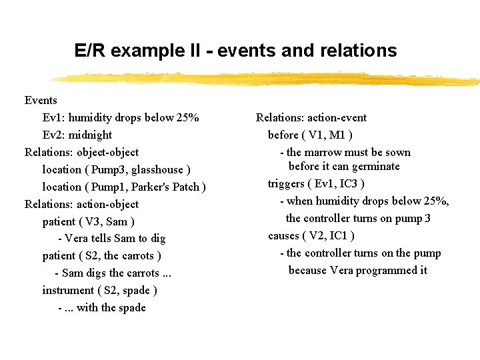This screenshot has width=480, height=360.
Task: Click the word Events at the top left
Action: pyautogui.click(x=41, y=101)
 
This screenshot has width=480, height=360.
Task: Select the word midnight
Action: pyautogui.click(x=90, y=135)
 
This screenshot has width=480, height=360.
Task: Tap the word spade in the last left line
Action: pyautogui.click(x=132, y=308)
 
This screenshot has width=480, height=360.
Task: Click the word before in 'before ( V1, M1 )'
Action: pyautogui.click(x=283, y=135)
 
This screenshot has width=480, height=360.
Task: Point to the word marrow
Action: pyautogui.click(x=323, y=153)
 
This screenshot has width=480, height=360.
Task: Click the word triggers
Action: pyautogui.click(x=287, y=183)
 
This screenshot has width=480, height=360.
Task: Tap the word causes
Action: pyautogui.click(x=284, y=235)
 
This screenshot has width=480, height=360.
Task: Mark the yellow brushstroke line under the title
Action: pyautogui.click(x=267, y=79)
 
